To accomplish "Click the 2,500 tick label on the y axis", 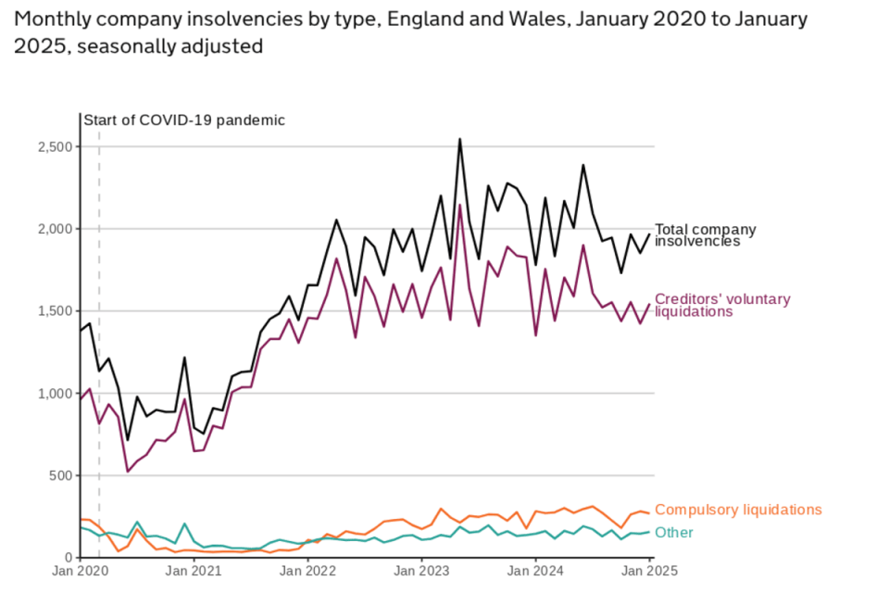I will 53,146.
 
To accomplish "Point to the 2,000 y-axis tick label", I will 53,229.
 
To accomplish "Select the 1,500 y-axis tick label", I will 53,311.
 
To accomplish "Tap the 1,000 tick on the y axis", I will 53,393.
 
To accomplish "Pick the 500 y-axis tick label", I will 58,475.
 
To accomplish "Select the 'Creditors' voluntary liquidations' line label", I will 722,305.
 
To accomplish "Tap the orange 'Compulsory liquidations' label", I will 738,510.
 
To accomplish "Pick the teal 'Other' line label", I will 673,533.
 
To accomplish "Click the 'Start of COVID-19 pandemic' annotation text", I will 184,120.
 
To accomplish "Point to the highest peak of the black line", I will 460,140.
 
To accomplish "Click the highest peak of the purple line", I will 460,205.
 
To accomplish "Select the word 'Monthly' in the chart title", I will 48,19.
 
